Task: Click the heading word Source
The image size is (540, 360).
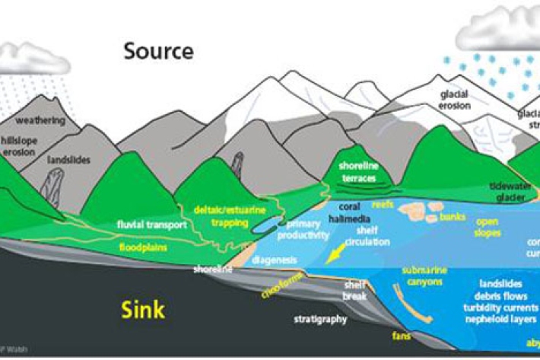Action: (x=159, y=51)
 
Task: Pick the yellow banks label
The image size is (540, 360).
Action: (x=452, y=218)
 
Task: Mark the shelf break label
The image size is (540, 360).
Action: (x=355, y=290)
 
